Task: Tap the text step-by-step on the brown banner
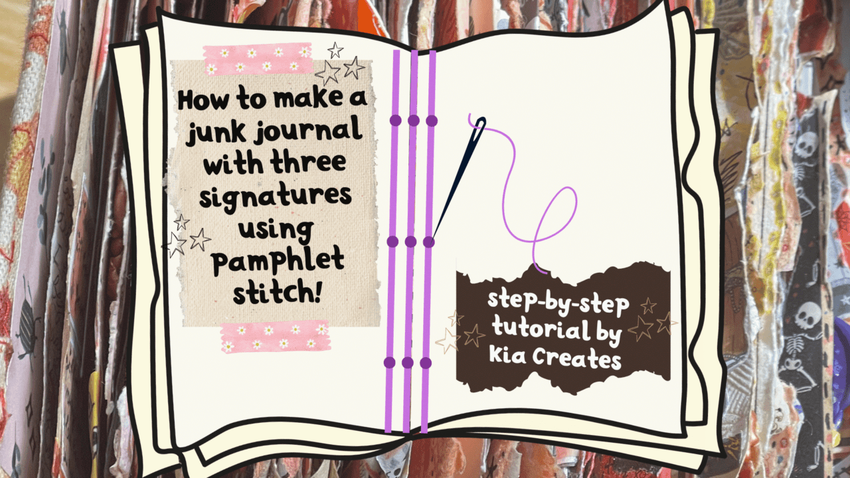(x=558, y=301)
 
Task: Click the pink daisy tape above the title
(x=258, y=59)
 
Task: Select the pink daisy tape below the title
(x=276, y=337)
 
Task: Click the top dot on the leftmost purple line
(x=395, y=120)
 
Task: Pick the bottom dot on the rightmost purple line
(x=426, y=363)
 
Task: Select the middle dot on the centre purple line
(x=410, y=242)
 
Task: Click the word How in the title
(x=201, y=100)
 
